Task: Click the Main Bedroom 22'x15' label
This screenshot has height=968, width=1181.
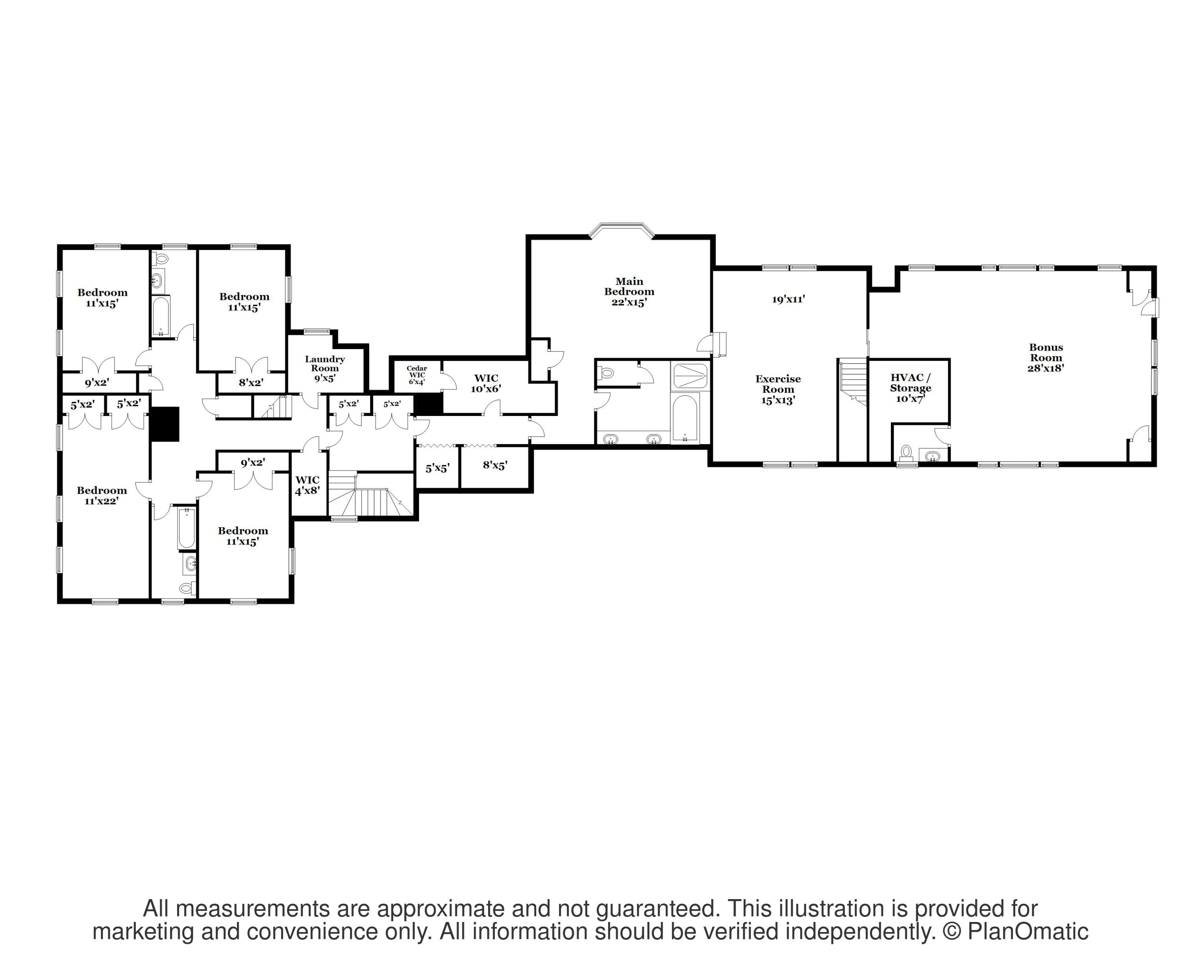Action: point(629,292)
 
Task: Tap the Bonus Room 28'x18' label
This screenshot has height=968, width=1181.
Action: point(1046,357)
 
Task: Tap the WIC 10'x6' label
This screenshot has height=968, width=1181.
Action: point(485,383)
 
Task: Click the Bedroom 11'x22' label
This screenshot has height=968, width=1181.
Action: point(102,495)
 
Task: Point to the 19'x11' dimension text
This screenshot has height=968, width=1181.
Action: point(788,299)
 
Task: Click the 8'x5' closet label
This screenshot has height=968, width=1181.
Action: point(495,465)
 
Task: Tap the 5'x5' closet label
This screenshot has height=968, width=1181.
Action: point(437,468)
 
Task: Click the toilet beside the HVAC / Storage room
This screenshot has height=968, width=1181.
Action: point(906,452)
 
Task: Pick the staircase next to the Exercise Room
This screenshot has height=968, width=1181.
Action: point(853,381)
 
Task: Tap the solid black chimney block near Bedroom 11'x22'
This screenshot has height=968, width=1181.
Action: point(165,424)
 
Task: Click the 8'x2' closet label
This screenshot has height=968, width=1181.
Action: point(251,382)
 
